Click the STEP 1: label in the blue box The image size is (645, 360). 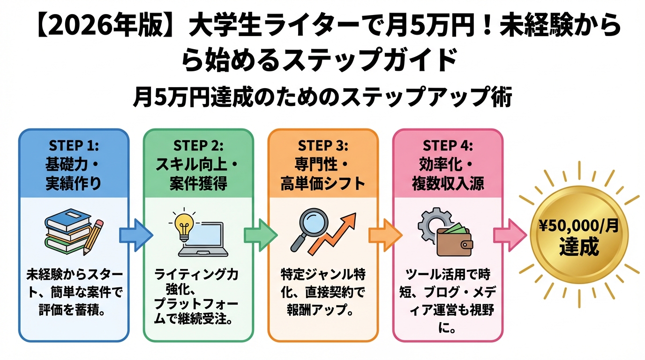tap(73, 145)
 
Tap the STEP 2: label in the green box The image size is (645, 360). tap(198, 145)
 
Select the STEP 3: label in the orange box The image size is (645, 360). tap(323, 145)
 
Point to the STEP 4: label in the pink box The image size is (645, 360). tap(448, 145)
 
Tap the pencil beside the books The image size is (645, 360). tap(93, 236)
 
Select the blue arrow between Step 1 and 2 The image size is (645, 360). tap(136, 233)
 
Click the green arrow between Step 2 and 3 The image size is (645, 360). tap(261, 233)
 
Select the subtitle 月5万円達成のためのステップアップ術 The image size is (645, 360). tap(322, 98)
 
